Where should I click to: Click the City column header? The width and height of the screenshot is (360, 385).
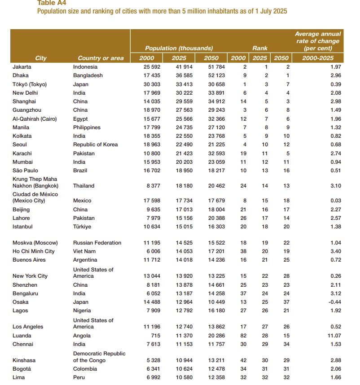pos(41,58)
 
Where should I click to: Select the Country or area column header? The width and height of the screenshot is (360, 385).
pos(101,58)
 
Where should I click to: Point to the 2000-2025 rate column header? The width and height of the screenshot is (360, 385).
pos(318,58)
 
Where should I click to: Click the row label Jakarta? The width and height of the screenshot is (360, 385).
pos(22,67)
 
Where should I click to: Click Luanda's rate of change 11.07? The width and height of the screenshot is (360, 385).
pos(334,336)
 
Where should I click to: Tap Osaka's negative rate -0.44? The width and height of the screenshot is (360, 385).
pos(335,302)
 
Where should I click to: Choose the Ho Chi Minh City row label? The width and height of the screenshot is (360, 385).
pos(34,251)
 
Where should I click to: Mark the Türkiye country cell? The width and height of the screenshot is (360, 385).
pos(82,227)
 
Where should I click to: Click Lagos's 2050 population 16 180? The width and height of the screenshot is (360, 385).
pos(211,311)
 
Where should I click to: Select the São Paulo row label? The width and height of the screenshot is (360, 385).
pos(26,171)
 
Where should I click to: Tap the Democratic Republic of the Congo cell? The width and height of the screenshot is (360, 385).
pos(99,357)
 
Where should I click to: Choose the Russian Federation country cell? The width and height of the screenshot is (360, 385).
pos(97,243)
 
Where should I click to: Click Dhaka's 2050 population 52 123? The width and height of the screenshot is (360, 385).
pos(211,75)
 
